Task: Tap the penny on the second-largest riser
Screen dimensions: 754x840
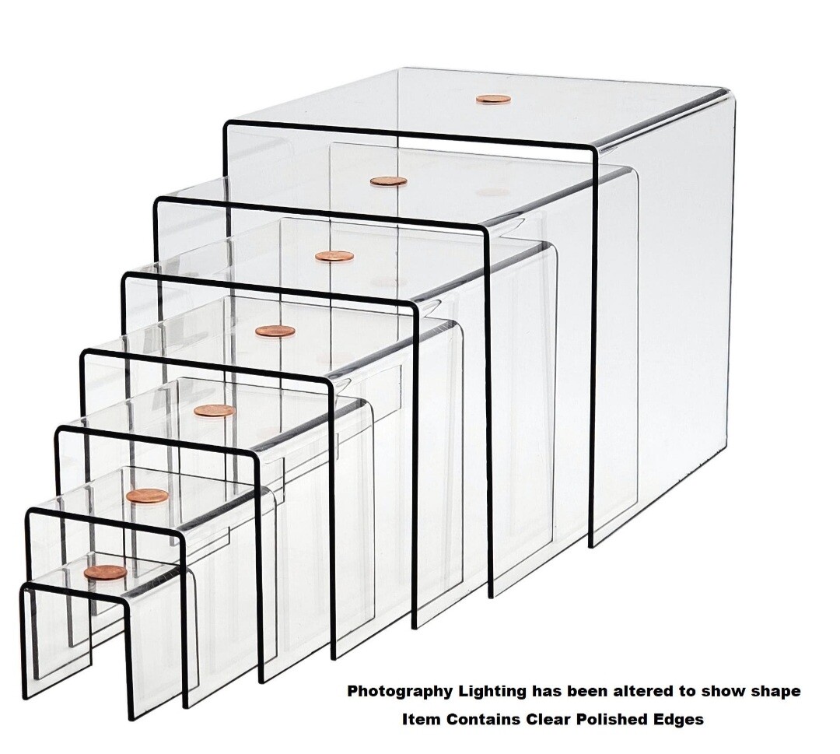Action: tap(388, 181)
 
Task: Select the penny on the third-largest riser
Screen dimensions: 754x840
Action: tap(334, 256)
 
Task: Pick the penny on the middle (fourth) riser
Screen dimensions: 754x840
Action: tap(275, 331)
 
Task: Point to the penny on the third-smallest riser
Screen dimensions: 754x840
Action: tap(215, 411)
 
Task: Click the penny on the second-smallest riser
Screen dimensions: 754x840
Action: tap(148, 496)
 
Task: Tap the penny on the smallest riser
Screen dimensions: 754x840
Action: tap(105, 573)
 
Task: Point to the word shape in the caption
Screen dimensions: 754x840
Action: tap(775, 691)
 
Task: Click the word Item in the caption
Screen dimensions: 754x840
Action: tap(418, 720)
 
